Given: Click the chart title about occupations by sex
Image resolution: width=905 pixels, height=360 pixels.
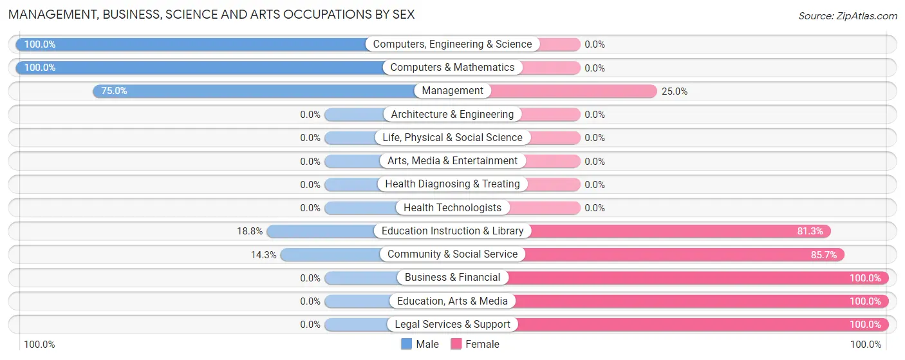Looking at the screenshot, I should (212, 14).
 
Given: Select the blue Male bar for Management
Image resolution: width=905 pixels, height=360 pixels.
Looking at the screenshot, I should (257, 91).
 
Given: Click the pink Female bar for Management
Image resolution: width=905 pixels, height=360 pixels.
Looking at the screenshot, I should (573, 91).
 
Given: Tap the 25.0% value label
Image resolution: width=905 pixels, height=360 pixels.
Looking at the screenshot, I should (675, 91).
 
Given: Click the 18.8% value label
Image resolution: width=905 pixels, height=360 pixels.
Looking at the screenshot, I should (250, 231).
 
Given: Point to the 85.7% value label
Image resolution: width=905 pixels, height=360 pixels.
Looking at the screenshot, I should (824, 255).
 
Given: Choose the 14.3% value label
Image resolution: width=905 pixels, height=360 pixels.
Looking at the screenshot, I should (263, 255).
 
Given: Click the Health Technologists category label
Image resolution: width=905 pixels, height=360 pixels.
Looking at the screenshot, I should (452, 207).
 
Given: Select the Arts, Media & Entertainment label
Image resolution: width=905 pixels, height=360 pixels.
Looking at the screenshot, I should (452, 161).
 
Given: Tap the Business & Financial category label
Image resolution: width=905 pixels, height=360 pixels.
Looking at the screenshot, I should (452, 278).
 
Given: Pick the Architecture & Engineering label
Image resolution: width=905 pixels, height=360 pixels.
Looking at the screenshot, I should (452, 114).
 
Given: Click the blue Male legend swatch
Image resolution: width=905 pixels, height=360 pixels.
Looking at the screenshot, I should (406, 344).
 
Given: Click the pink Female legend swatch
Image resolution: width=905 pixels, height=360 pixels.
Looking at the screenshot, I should (456, 344).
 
